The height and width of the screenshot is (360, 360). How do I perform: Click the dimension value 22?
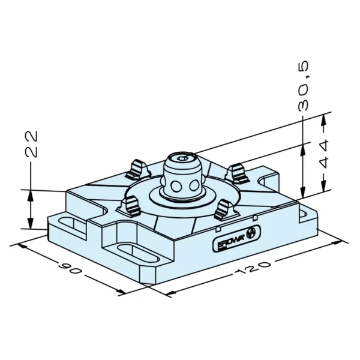[31, 144]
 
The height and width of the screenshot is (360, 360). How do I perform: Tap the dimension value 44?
[323, 154]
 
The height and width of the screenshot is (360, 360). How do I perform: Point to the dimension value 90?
[70, 268]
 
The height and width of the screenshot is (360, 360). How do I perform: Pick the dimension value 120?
[253, 268]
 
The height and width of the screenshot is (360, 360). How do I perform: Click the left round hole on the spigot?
[176, 186]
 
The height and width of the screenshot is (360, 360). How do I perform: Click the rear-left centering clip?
[137, 169]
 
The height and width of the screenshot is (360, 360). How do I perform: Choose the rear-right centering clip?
[238, 173]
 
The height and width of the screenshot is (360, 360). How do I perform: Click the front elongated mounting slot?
[139, 254]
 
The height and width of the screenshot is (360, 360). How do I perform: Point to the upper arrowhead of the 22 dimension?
[31, 194]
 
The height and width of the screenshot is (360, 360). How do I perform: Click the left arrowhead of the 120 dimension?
[170, 293]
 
